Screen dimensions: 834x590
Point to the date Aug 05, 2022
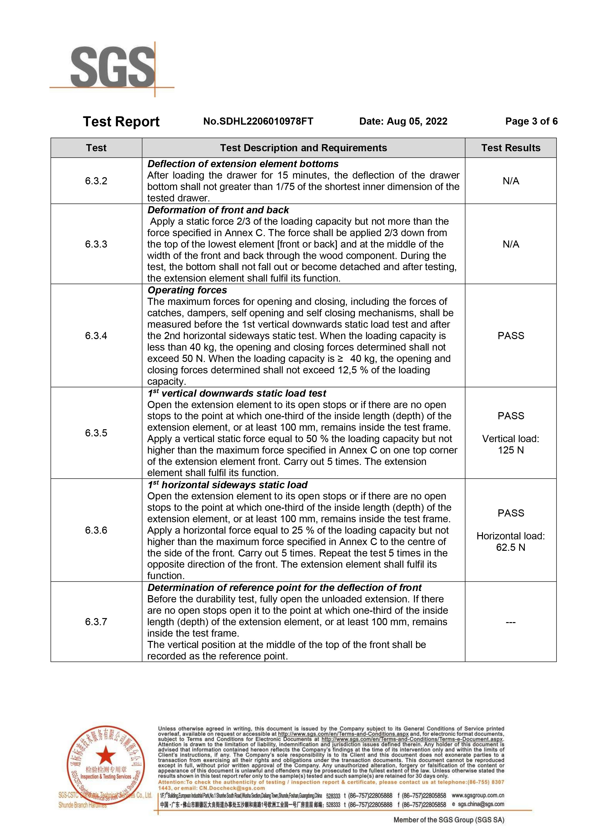417,121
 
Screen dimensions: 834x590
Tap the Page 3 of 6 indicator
531,121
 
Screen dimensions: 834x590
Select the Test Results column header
511,148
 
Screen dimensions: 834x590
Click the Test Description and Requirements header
303,148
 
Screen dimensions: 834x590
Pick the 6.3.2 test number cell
96,181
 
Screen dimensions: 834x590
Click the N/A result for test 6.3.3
511,244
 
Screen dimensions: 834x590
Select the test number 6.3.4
96,336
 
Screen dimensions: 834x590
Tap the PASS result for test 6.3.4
511,336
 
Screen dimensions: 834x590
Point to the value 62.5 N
511,547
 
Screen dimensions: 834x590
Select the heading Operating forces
187,290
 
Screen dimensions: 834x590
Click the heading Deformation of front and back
218,210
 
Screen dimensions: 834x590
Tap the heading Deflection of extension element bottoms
243,164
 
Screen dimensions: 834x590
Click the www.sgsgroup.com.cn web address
478,795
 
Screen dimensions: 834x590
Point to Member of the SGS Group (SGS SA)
449,820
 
